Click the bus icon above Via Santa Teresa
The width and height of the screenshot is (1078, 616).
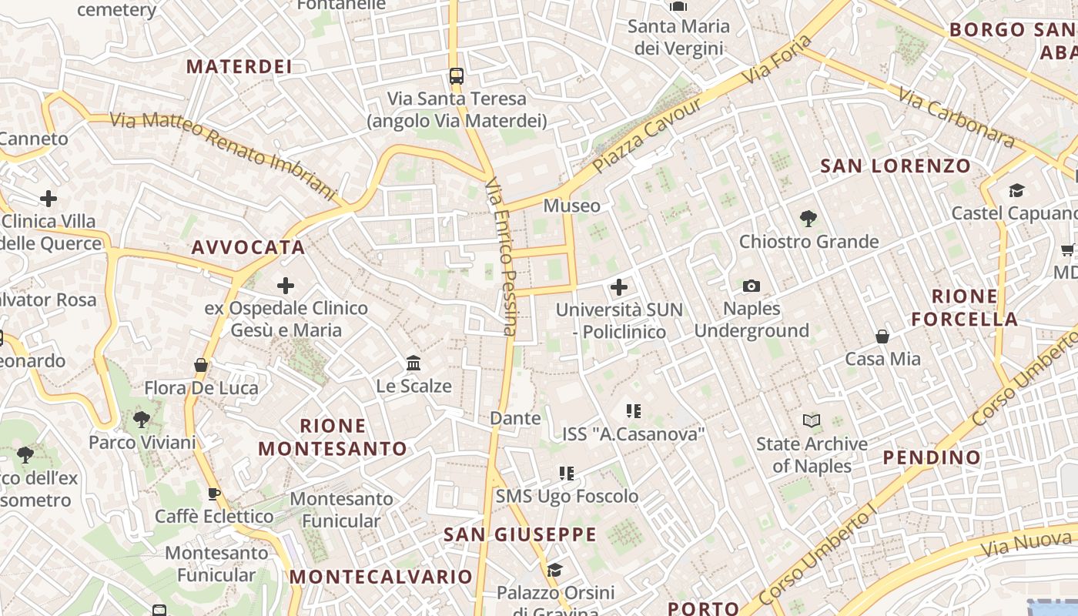[457, 76]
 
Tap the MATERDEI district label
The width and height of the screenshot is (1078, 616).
[239, 66]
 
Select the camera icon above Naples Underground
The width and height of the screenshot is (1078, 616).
[752, 286]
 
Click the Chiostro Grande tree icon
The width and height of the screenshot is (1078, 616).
[808, 219]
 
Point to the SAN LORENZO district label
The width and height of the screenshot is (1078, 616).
[896, 166]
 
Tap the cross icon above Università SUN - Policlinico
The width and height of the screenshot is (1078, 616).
[618, 288]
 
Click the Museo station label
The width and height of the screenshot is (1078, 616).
[571, 206]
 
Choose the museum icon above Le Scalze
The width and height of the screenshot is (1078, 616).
[413, 363]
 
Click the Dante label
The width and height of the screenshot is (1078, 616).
[516, 418]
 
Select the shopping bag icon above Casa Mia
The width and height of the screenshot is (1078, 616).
[882, 336]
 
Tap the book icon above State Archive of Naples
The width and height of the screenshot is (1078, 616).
[812, 421]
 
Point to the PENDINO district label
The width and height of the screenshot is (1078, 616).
[932, 457]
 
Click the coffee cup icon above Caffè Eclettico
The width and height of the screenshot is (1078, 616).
[214, 494]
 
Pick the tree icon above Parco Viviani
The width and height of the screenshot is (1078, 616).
[142, 420]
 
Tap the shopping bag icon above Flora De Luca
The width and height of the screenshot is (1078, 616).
[201, 365]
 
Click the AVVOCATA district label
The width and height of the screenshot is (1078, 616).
[248, 248]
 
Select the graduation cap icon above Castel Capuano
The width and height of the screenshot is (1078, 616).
[1016, 190]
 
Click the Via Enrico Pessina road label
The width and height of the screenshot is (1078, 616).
[500, 257]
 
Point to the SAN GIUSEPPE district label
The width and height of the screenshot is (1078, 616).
[520, 534]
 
